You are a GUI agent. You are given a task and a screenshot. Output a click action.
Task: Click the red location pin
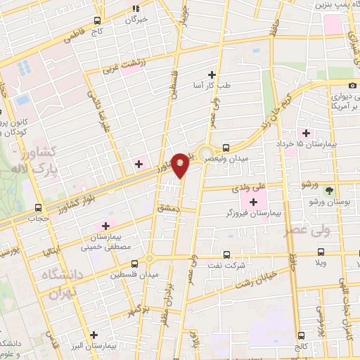[x=181, y=165]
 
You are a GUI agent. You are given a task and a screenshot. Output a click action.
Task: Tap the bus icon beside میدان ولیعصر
[x=226, y=148]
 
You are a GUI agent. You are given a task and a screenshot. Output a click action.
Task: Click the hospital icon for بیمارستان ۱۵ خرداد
[x=306, y=133]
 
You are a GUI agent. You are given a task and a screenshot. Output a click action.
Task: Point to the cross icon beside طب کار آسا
[x=212, y=73]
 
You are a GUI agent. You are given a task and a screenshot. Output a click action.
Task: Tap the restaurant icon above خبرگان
[x=136, y=8]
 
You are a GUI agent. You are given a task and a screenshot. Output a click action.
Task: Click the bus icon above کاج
[x=97, y=20]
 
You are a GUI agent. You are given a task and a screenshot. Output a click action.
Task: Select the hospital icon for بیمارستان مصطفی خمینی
[x=105, y=226]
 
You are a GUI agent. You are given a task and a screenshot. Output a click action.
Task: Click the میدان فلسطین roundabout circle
[x=150, y=259]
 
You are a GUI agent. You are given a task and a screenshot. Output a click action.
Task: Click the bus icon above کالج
[x=302, y=335]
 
